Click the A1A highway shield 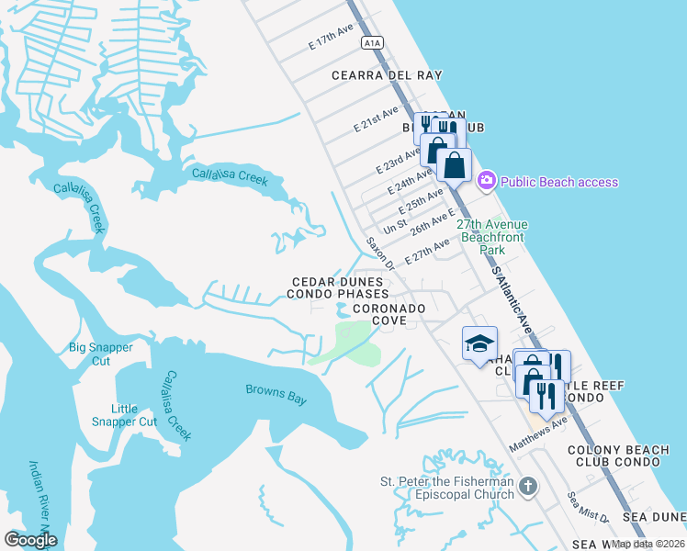(x=371, y=42)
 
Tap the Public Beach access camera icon (x=487, y=181)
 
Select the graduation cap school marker (x=479, y=343)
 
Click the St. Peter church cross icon (x=527, y=486)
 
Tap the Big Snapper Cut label (x=101, y=354)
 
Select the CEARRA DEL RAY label (x=387, y=75)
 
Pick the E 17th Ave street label (x=332, y=38)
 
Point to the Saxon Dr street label (x=379, y=253)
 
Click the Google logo (x=30, y=540)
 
